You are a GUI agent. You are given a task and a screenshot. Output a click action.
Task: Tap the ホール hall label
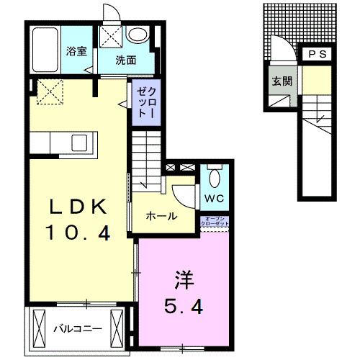coord(161,216)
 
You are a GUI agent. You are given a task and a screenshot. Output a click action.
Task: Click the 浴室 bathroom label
coord(76,51)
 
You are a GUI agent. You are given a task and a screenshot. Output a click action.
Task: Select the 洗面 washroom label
coord(126,60)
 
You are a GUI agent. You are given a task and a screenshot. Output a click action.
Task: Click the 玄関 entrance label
coord(282,81)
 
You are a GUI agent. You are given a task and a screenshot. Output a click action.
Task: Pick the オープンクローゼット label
coord(217,222)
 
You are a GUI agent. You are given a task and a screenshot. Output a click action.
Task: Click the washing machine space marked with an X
coord(111,37)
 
